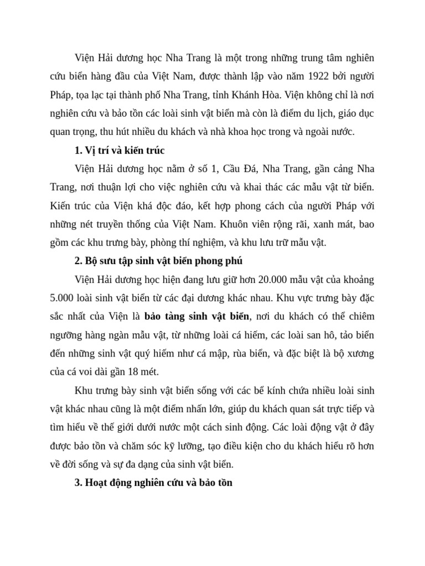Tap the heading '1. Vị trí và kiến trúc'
pyautogui.click(x=120, y=150)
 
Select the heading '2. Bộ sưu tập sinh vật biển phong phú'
pyautogui.click(x=158, y=261)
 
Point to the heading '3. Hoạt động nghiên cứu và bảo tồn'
pyautogui.click(x=153, y=483)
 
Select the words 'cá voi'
pyautogui.click(x=84, y=372)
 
